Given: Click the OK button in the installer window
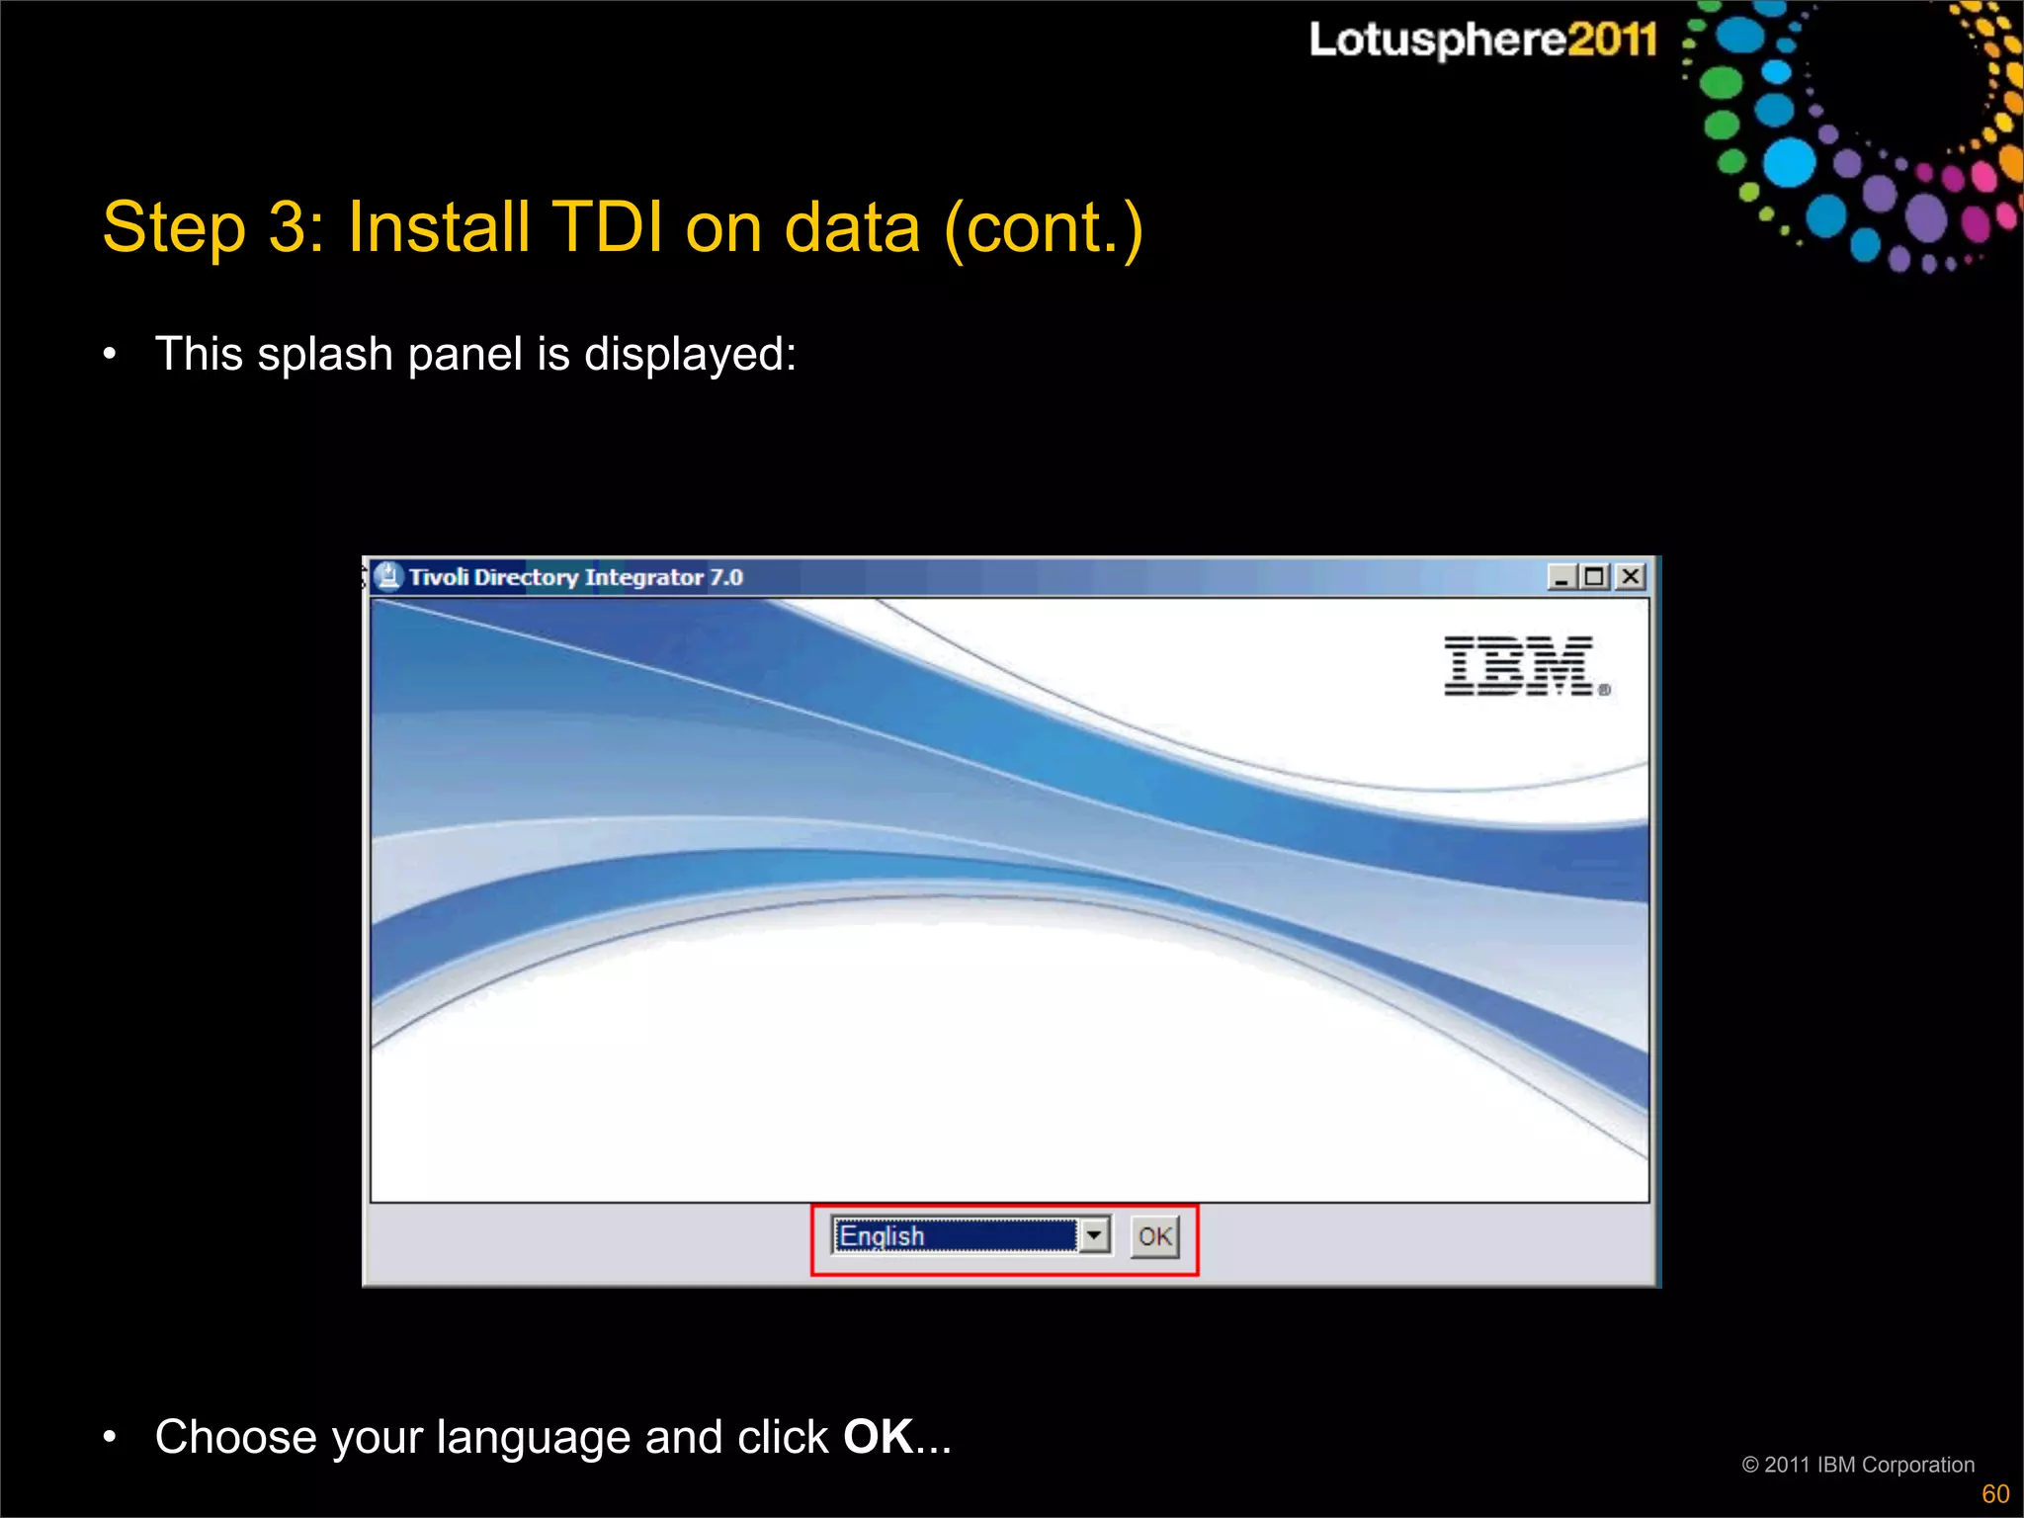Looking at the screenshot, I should (1154, 1236).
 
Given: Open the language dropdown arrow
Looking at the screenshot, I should (1094, 1235).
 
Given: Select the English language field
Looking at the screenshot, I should (955, 1235).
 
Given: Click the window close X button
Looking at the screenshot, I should (1631, 576).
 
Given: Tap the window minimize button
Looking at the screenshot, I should (1561, 576).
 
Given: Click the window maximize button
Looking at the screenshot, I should (1595, 576).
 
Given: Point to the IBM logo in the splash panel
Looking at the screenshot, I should (1522, 666).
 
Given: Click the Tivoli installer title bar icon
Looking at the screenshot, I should (388, 576).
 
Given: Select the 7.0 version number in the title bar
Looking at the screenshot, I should (726, 577).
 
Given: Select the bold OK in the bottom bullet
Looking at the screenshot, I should (878, 1437).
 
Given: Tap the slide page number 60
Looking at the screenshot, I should (1995, 1494).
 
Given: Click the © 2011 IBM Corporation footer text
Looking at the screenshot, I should (1858, 1465).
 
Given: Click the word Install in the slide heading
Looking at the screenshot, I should (439, 228).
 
